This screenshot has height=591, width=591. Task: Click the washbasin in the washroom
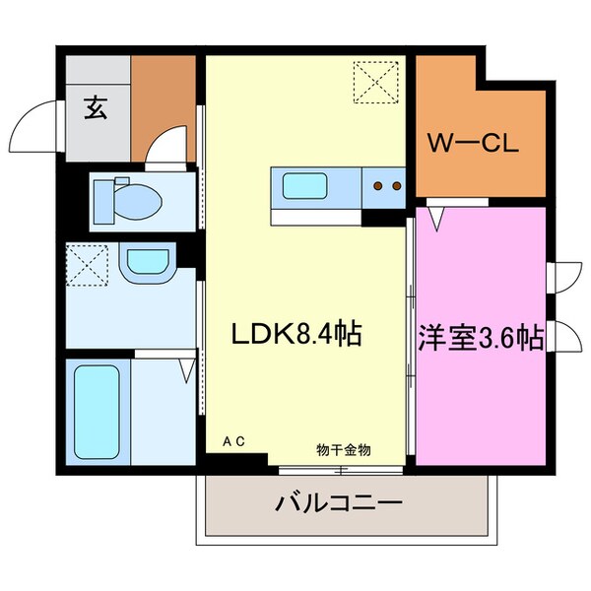[145, 263]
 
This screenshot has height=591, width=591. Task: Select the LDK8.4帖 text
[296, 335]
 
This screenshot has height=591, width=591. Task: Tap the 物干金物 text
[344, 449]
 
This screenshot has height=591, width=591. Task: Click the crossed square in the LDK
[377, 81]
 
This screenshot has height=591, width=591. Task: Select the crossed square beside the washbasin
[87, 263]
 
